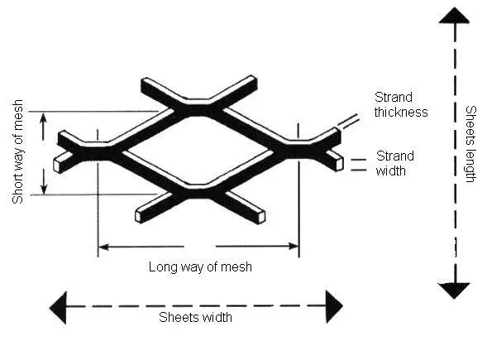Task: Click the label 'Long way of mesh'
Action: pyautogui.click(x=200, y=267)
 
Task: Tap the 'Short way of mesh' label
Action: pyautogui.click(x=17, y=151)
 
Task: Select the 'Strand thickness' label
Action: pyautogui.click(x=401, y=104)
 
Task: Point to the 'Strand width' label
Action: pyautogui.click(x=394, y=163)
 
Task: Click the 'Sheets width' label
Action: pyautogui.click(x=195, y=318)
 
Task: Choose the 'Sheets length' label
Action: pyautogui.click(x=470, y=144)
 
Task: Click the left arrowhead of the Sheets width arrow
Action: pyautogui.click(x=58, y=308)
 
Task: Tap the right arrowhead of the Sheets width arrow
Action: pyautogui.click(x=334, y=306)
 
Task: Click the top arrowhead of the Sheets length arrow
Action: pyautogui.click(x=454, y=16)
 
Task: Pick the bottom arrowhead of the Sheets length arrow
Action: pyautogui.click(x=454, y=290)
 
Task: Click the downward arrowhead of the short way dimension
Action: pyautogui.click(x=44, y=189)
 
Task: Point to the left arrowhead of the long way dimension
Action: pyautogui.click(x=103, y=247)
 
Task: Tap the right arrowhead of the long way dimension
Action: pyautogui.click(x=294, y=247)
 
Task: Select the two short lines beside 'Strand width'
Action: pyautogui.click(x=359, y=165)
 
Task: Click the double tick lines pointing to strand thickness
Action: pyautogui.click(x=349, y=122)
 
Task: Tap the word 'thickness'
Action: pyautogui.click(x=401, y=112)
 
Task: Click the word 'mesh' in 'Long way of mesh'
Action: pyautogui.click(x=236, y=267)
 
